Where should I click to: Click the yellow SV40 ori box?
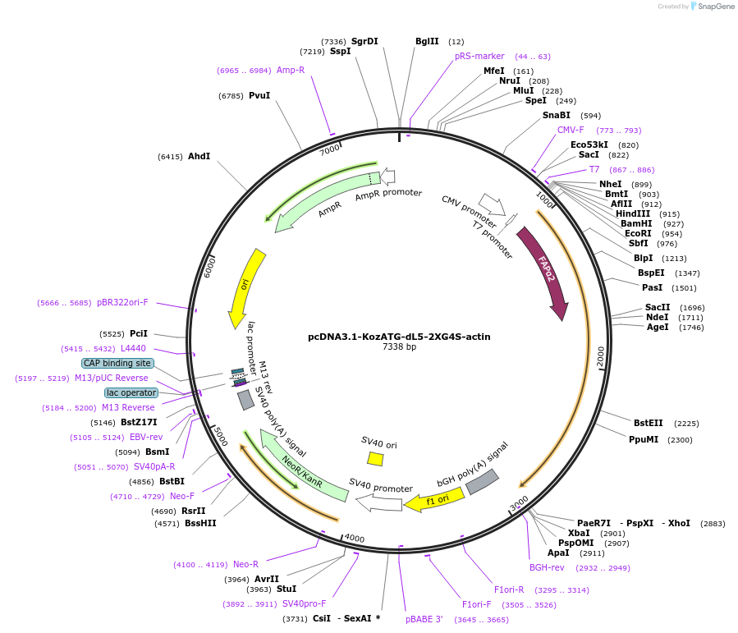375,459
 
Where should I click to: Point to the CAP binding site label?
117,363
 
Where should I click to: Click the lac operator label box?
131,392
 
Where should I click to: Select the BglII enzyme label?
427,41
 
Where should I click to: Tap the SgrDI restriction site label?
364,41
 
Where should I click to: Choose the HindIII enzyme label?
632,213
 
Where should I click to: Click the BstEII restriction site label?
648,423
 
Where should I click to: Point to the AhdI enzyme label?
199,156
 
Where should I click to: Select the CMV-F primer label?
571,130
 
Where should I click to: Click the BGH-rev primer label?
547,567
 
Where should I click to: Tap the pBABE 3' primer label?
424,619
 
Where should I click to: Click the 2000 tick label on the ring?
601,355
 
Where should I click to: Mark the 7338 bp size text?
399,347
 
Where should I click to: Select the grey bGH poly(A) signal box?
482,482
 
